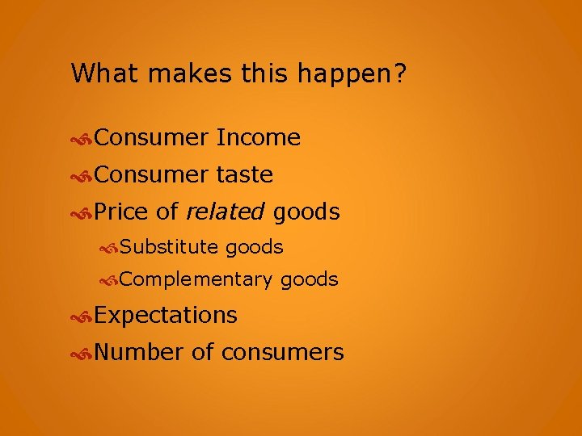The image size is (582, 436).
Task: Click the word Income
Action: tap(259, 138)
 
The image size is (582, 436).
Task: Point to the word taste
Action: tap(245, 174)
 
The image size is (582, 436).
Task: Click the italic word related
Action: tap(225, 212)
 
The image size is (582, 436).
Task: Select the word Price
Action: tap(121, 212)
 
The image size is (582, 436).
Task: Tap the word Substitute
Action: tap(170, 247)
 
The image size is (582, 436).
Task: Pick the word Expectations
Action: tap(166, 315)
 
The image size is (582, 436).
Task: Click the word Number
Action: tap(139, 352)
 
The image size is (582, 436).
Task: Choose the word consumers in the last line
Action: tap(282, 352)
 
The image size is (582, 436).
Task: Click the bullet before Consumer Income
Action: tap(82, 139)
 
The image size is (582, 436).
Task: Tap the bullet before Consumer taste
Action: tap(82, 175)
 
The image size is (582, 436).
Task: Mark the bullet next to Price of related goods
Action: tap(82, 212)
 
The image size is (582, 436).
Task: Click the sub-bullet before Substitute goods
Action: tap(109, 247)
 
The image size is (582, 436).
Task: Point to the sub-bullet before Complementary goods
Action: tap(109, 280)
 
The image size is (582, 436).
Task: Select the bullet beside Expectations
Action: tap(82, 316)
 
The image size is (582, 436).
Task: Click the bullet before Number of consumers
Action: tap(82, 353)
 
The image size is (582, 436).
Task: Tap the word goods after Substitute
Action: tap(255, 247)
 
